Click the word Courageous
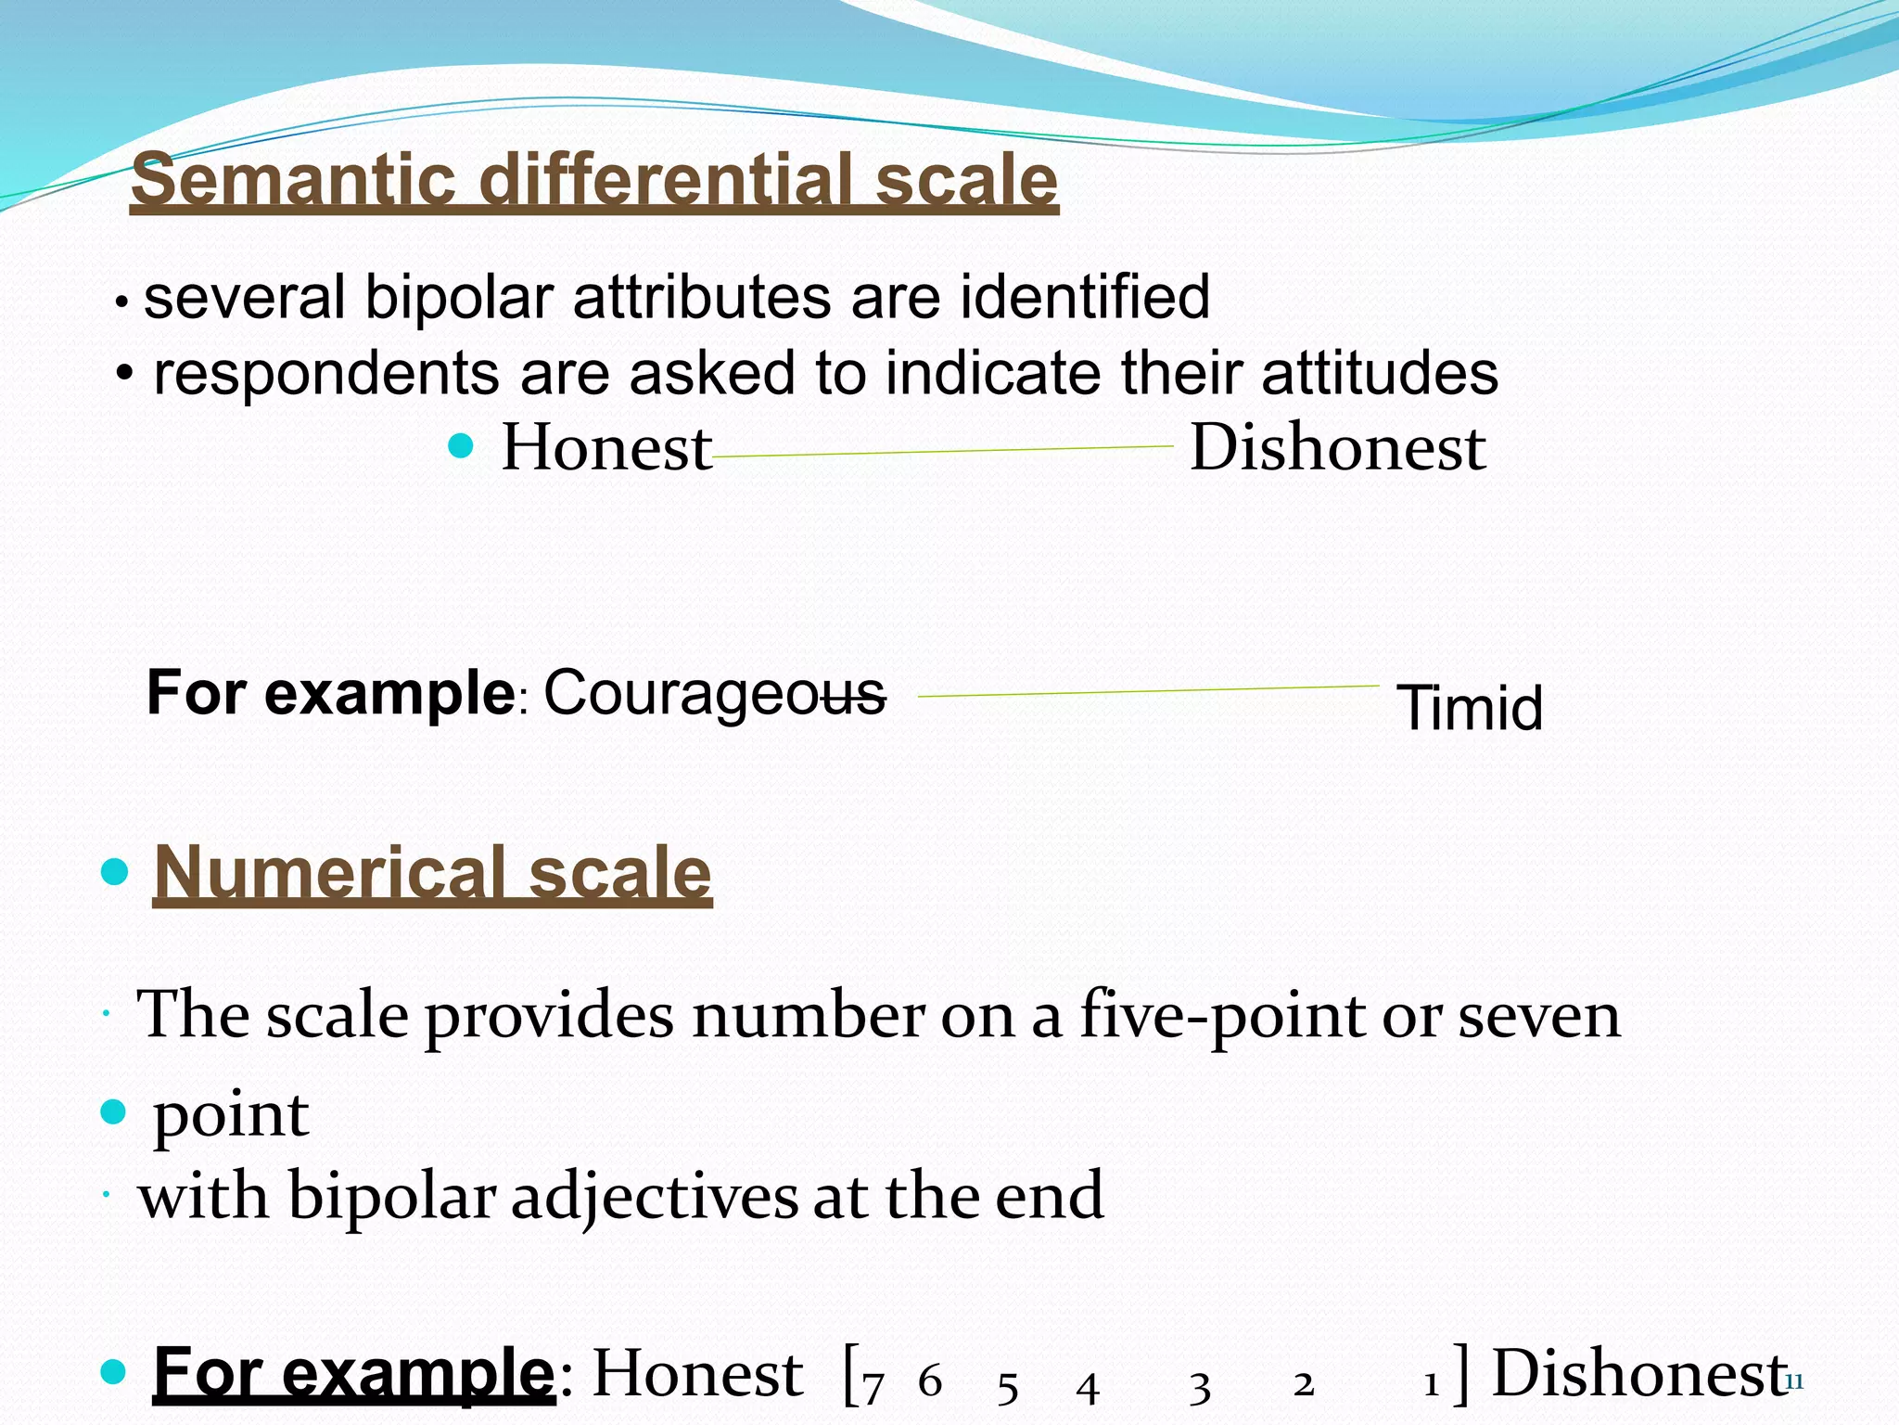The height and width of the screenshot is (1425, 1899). [714, 694]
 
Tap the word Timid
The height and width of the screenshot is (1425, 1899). [1469, 709]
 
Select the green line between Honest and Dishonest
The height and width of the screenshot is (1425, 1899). [942, 452]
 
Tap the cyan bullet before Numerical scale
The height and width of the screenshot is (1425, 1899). [113, 872]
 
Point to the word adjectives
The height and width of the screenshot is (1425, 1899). [654, 1197]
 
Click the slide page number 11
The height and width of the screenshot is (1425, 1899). [1793, 1382]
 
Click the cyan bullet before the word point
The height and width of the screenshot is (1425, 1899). [113, 1110]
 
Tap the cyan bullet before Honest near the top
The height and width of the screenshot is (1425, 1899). [461, 447]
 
